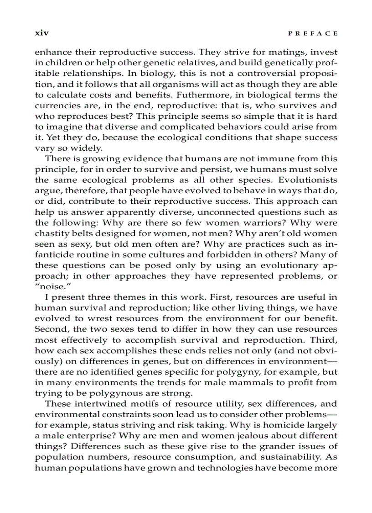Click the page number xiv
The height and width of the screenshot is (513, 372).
pyautogui.click(x=42, y=33)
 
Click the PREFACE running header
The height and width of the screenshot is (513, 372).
pyautogui.click(x=315, y=33)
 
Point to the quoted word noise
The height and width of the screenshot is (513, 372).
pyautogui.click(x=49, y=286)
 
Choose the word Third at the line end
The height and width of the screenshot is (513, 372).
pyautogui.click(x=324, y=339)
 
